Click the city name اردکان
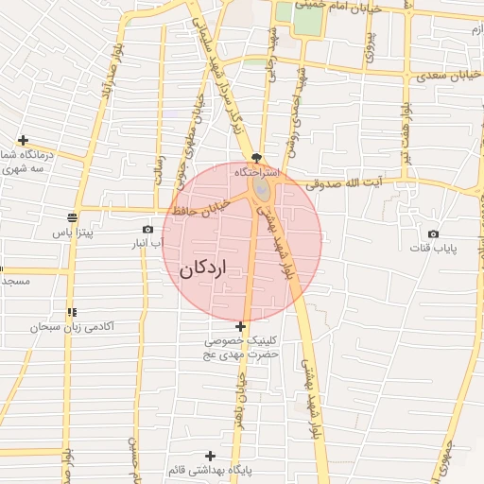(202, 268)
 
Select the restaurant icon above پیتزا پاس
(73, 216)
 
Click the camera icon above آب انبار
(147, 229)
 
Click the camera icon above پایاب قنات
(433, 233)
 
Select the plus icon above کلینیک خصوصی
(241, 326)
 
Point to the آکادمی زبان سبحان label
(72, 327)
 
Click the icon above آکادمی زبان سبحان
(72, 312)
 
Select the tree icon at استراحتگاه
(257, 158)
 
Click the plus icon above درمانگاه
(23, 140)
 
